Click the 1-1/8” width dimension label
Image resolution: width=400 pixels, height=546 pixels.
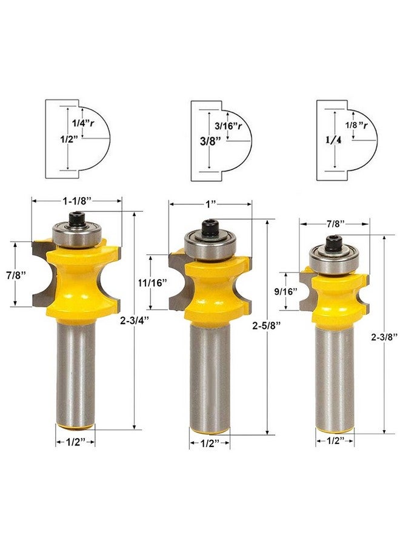76,201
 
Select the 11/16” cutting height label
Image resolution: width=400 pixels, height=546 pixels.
150,282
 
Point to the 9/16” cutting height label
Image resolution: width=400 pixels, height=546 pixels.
286,291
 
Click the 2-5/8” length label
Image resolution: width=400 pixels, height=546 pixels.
267,326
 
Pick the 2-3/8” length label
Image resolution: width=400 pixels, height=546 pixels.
384,337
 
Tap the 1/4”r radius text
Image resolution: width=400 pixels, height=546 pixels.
83,123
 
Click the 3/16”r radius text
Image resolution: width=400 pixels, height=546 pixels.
228,126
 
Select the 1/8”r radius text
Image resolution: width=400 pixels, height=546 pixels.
356,125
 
